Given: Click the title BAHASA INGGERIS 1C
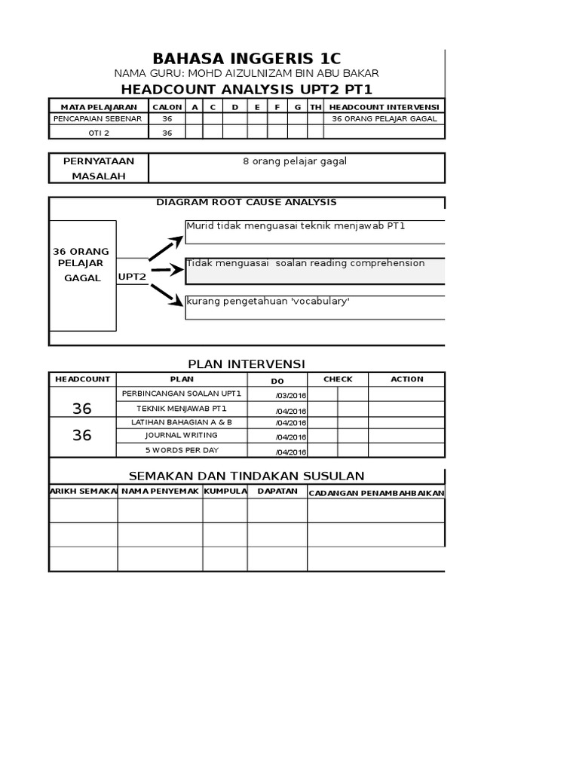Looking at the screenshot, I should click(x=247, y=59).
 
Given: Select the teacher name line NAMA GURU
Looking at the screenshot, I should click(x=247, y=73).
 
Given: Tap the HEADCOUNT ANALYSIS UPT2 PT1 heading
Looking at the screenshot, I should click(x=247, y=89).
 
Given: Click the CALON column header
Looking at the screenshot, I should click(x=167, y=107).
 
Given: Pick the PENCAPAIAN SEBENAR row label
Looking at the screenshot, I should click(x=98, y=119).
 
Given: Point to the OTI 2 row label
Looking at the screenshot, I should click(x=98, y=133).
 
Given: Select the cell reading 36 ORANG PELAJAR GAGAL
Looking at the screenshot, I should click(x=384, y=119).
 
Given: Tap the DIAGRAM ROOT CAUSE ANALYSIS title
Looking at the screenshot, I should click(x=247, y=202).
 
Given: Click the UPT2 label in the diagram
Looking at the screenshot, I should click(x=132, y=277).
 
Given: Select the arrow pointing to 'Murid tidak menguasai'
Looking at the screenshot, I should click(x=167, y=248).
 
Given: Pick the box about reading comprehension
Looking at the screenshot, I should click(x=314, y=271).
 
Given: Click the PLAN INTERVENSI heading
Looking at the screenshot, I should click(x=247, y=364).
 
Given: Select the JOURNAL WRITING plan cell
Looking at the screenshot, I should click(x=182, y=435).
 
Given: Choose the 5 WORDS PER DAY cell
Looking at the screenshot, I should click(x=182, y=449).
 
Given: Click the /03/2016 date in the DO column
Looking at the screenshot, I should click(x=290, y=396).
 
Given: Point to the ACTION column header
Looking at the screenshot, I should click(x=406, y=379).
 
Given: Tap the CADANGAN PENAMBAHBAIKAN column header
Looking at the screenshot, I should click(x=376, y=493).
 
